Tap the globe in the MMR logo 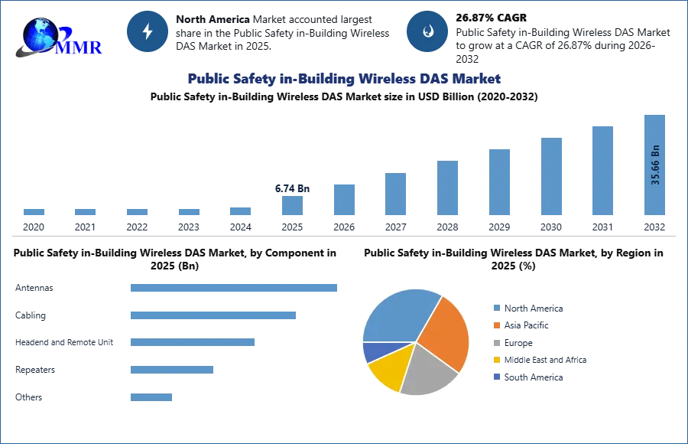(40, 35)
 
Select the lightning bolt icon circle (148, 31)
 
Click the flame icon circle (427, 31)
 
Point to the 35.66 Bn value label (655, 165)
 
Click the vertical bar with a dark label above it (294, 208)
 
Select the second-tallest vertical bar (602, 172)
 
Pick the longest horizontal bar (235, 288)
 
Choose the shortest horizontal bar (152, 398)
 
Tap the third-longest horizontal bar (192, 343)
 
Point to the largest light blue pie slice (398, 314)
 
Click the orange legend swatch (496, 325)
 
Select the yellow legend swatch (496, 361)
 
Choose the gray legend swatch (496, 343)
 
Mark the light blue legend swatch (496, 307)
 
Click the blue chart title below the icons (343, 80)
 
